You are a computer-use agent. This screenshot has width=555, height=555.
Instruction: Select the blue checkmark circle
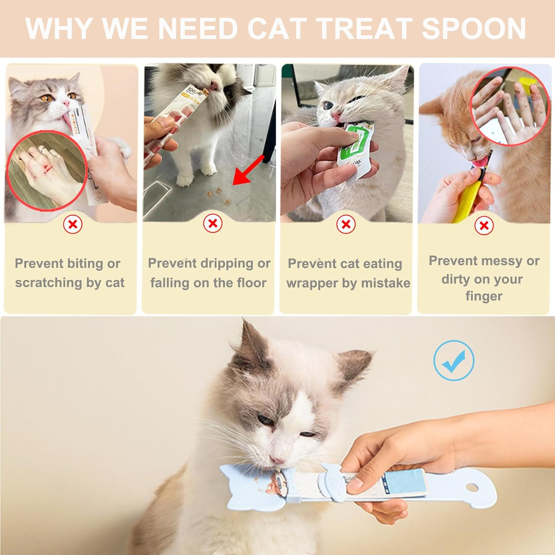click(454, 360)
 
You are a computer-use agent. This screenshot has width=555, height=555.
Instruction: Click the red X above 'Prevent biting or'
click(73, 224)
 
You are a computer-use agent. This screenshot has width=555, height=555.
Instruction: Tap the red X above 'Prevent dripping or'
click(213, 223)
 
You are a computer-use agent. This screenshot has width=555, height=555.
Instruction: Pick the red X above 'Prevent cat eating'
click(346, 224)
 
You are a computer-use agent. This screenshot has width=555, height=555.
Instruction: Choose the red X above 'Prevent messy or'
click(484, 225)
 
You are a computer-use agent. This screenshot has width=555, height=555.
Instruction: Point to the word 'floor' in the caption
click(252, 283)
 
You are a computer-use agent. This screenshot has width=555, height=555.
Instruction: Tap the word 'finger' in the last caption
click(484, 296)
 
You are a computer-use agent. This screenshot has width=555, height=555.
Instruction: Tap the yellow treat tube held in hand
click(465, 200)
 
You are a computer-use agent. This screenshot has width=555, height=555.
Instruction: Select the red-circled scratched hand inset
click(46, 170)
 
